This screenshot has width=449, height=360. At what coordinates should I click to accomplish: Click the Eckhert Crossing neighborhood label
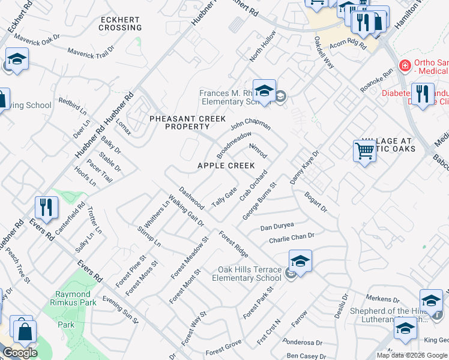click(x=120, y=23)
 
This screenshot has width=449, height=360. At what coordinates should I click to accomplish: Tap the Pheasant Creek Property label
click(x=179, y=123)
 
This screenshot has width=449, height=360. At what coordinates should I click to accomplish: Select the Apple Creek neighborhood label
click(x=226, y=166)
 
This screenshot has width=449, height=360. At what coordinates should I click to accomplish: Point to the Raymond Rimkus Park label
click(x=76, y=299)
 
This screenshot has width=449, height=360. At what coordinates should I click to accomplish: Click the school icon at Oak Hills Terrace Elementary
click(x=300, y=262)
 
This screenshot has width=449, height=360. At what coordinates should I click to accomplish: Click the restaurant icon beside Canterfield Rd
click(x=46, y=208)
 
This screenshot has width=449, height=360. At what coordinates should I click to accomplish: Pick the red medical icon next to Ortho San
click(x=405, y=64)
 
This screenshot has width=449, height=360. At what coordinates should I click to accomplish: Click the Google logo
click(x=20, y=353)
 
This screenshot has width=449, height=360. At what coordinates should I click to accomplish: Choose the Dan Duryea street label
click(x=277, y=227)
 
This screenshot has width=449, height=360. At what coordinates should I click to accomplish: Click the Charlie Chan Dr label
click(x=292, y=238)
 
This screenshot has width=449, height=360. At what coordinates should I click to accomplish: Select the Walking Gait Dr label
click(x=186, y=209)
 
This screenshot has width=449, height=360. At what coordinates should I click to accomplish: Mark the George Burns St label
click(x=258, y=201)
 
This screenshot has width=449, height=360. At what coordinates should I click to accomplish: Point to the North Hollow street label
click(x=262, y=46)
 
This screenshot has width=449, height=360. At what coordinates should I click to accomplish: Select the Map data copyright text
click(x=412, y=355)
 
